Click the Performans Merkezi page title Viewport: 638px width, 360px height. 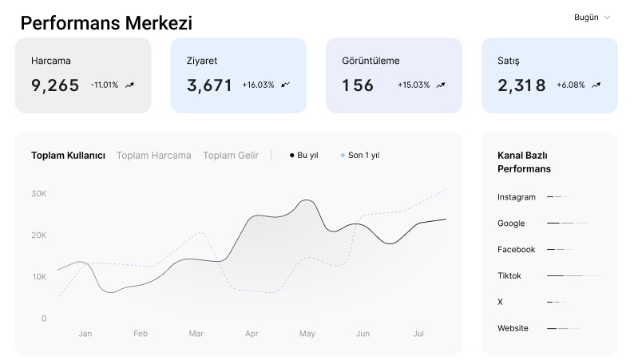coord(106,23)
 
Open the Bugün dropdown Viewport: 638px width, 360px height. coord(592,18)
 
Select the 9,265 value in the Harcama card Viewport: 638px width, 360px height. coord(55,85)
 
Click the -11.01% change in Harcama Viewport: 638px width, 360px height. coord(104,85)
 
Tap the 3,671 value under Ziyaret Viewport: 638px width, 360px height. coord(209,85)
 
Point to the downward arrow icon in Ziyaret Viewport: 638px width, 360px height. coord(286,84)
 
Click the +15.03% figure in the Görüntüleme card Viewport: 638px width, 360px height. coord(414,85)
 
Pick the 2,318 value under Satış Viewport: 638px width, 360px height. coord(521,85)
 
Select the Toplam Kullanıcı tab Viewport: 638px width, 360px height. coord(68,156)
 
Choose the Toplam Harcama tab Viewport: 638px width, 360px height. coord(154,156)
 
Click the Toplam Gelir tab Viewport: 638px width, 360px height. coord(231,156)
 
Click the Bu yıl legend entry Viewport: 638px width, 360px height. coord(304,156)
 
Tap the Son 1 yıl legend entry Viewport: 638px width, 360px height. coord(360,156)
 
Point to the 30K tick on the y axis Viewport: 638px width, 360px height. coord(38,194)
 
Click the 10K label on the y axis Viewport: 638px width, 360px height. coord(38,277)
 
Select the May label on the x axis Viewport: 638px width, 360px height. coord(307,334)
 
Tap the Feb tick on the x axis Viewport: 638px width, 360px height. coord(141,334)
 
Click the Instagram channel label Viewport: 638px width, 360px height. coord(516,197)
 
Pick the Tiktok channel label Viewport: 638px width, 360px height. coord(509,275)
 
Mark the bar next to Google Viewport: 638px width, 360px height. coord(566,223)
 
